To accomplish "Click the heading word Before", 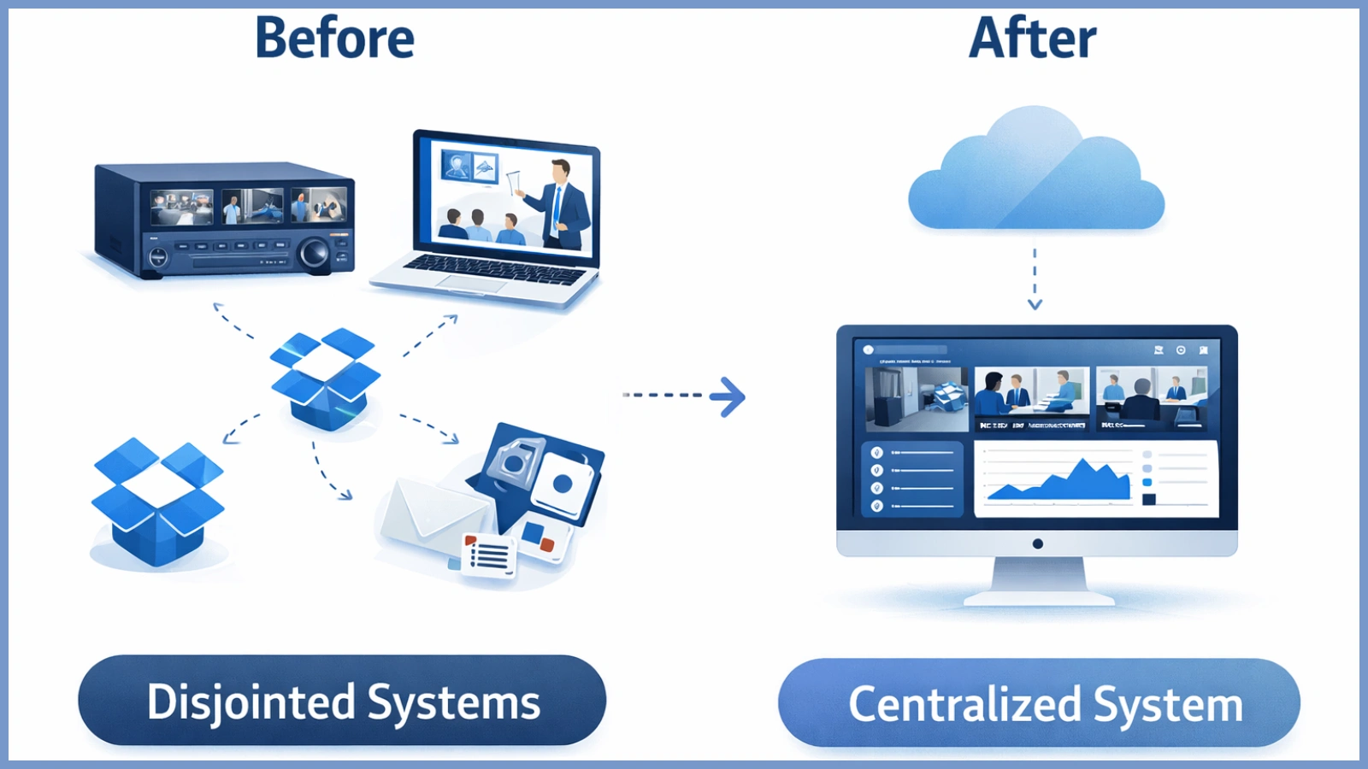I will pyautogui.click(x=334, y=39).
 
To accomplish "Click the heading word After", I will pyautogui.click(x=1032, y=39).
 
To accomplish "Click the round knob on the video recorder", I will pyautogui.click(x=314, y=254).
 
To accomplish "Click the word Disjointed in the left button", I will pyautogui.click(x=251, y=702).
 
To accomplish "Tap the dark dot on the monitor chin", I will pyautogui.click(x=1037, y=543).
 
